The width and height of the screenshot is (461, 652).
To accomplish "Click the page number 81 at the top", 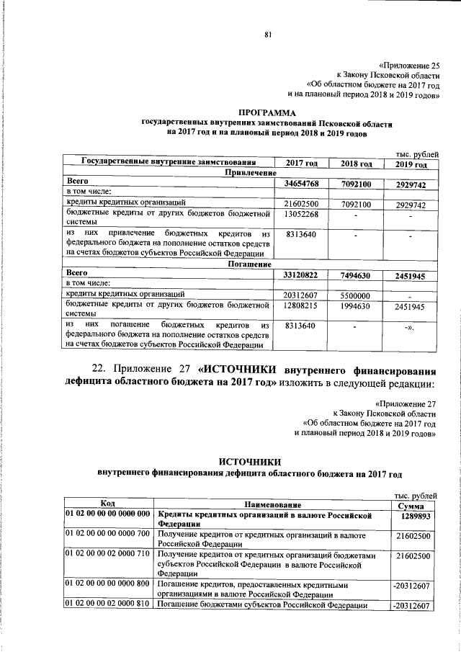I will (x=267, y=35).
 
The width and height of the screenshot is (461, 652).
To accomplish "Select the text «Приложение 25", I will (x=408, y=64).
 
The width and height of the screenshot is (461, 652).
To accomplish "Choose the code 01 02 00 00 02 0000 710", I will (x=107, y=556).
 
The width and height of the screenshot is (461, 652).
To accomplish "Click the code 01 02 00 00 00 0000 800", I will (x=107, y=584).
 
